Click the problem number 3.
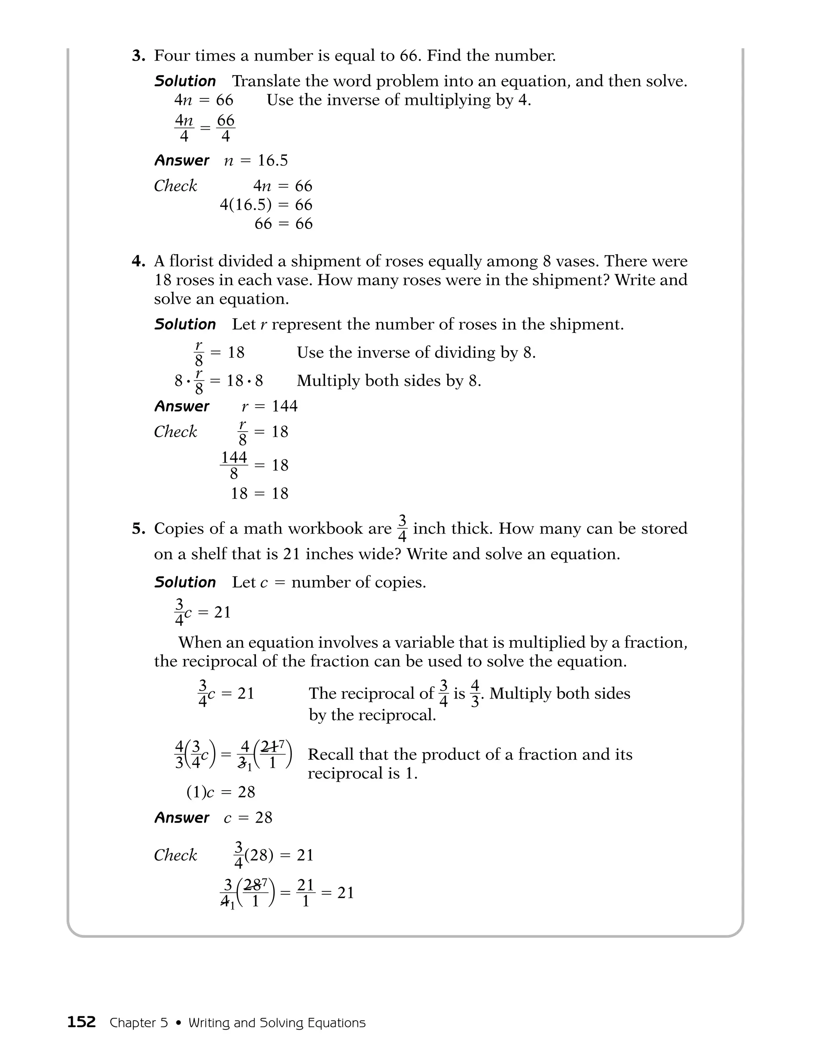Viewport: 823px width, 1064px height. click(139, 56)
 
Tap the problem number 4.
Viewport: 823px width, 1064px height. click(139, 262)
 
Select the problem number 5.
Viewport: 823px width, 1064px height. click(139, 529)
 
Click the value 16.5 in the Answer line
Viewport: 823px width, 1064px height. click(272, 160)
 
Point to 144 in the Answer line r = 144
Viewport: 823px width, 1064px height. click(284, 406)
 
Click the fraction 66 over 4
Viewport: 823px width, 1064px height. click(225, 128)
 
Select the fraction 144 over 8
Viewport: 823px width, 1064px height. click(234, 465)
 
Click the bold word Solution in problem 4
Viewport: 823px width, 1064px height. click(185, 324)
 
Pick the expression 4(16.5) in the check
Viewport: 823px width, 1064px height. click(245, 205)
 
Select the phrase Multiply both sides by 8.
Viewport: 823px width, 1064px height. click(389, 381)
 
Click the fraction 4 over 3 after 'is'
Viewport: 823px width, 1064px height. click(475, 694)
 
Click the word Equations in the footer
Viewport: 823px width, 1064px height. click(336, 1023)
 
